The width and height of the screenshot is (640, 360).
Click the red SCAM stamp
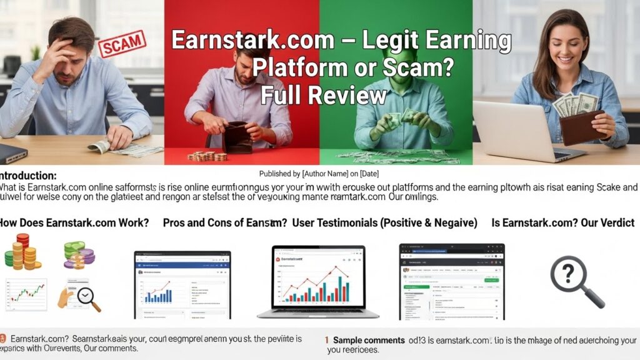pos(122,44)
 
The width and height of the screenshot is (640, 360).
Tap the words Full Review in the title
pos(323,96)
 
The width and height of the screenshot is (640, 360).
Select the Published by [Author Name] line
pos(319,173)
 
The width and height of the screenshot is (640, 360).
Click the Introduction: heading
pos(28,176)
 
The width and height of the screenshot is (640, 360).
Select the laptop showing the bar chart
pos(311,281)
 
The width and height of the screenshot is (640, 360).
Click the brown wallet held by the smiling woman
pos(582,128)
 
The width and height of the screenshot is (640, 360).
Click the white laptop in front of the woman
pos(518,131)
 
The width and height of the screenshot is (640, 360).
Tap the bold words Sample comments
pos(368,340)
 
